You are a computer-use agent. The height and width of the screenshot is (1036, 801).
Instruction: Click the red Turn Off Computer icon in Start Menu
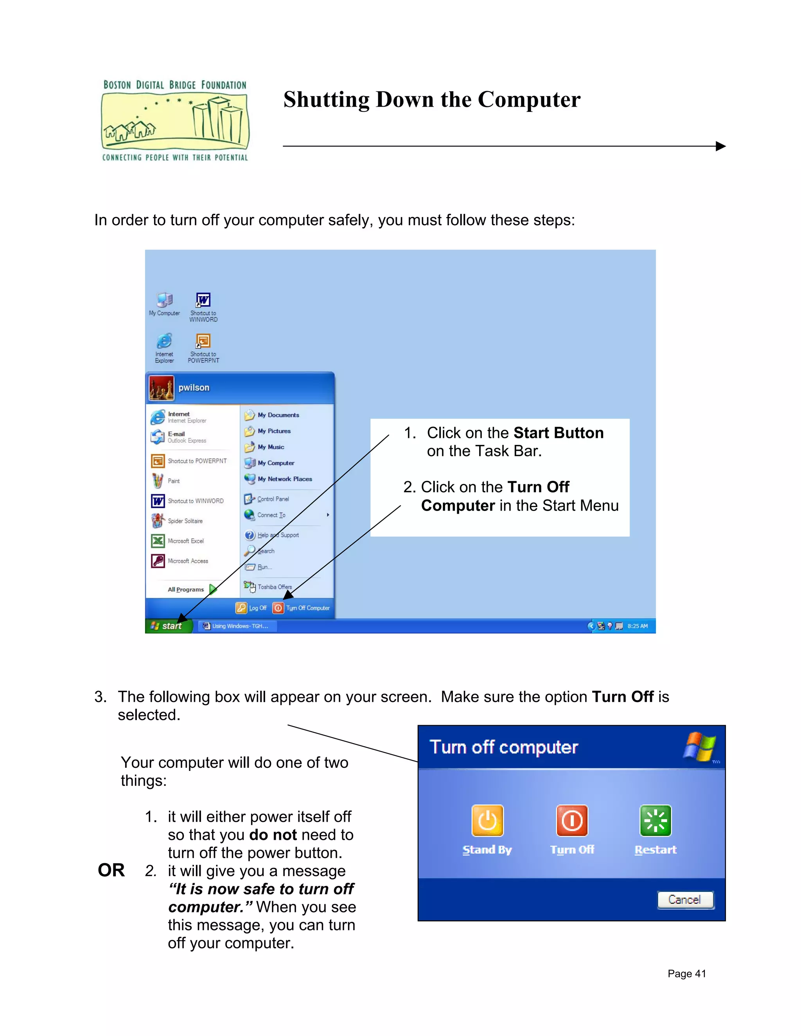tap(278, 608)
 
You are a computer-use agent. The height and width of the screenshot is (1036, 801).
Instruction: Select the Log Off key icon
tap(241, 608)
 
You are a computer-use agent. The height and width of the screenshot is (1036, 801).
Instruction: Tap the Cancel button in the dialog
tap(685, 900)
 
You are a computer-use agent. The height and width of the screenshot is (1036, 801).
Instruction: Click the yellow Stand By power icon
tap(487, 821)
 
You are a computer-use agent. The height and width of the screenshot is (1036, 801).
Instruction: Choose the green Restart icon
tap(656, 821)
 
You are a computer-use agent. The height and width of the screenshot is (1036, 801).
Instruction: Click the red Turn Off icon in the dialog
tap(572, 821)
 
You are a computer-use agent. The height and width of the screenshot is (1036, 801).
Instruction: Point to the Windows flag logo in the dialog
tap(699, 747)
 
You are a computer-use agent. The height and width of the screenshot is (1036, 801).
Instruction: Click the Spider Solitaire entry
tap(185, 521)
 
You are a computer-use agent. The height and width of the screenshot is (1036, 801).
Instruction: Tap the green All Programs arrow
tap(213, 589)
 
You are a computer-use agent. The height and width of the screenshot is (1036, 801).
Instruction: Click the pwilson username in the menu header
tap(194, 387)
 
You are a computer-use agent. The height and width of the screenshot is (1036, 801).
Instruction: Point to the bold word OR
tap(111, 870)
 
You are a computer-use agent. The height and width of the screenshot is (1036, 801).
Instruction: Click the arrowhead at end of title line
tap(720, 146)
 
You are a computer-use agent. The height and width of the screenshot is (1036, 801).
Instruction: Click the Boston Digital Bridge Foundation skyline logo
tap(174, 120)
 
